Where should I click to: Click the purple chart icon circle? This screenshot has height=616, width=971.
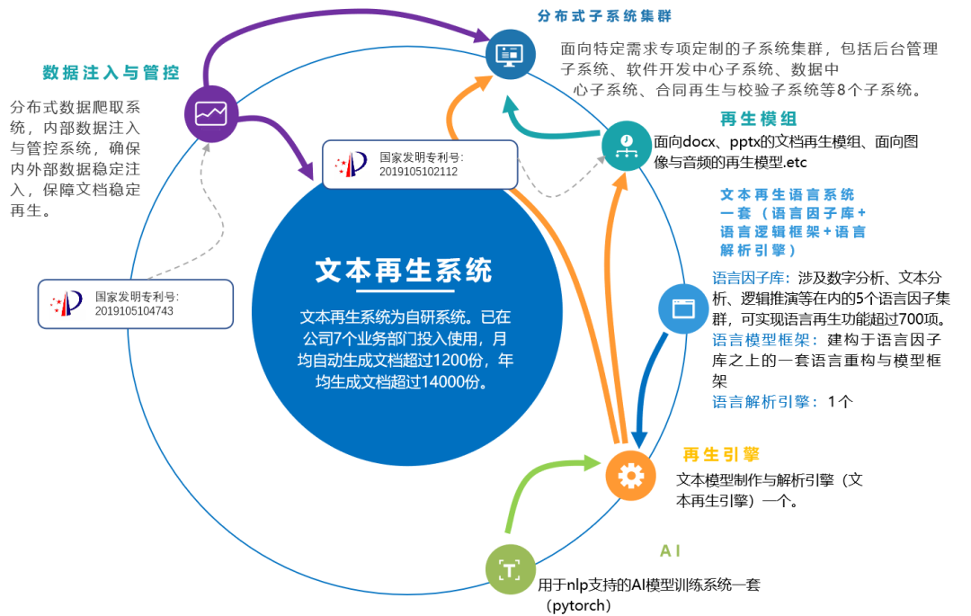coord(211,113)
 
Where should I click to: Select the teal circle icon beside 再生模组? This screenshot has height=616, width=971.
coord(627,144)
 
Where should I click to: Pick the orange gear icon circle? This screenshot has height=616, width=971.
coord(630,475)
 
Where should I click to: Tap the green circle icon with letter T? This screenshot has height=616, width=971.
coord(510,569)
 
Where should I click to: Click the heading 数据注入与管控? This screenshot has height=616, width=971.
coord(111,73)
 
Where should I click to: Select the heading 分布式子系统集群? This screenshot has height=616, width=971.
coord(604,16)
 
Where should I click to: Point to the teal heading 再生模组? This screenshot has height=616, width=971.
coord(759,120)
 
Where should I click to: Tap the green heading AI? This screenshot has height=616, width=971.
coord(671,549)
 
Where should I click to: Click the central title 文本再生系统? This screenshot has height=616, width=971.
coord(404,270)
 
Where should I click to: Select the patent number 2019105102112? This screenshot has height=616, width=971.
coord(419,171)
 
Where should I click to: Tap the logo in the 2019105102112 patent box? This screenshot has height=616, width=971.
coord(351,164)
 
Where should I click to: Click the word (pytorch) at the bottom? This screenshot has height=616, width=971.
coord(578,605)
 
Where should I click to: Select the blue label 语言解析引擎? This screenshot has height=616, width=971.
coord(765,402)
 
